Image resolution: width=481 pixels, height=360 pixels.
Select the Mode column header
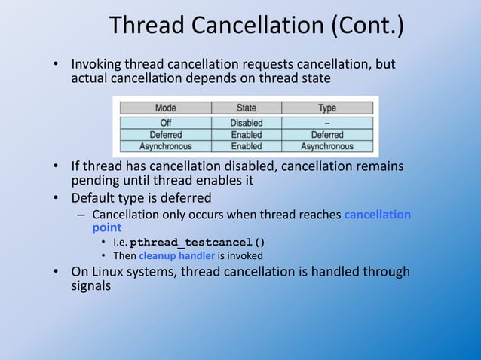[165, 108]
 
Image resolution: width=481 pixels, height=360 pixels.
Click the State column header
[246, 108]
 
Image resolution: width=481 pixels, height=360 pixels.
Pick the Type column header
[326, 108]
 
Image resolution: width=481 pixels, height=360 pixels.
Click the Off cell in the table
[165, 122]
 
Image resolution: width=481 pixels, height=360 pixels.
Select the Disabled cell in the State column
[246, 122]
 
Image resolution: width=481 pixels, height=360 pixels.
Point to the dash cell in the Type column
[326, 122]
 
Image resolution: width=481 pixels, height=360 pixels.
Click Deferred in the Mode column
[165, 134]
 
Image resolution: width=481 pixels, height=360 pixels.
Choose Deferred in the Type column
[326, 134]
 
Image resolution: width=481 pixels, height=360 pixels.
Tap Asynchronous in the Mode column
[165, 145]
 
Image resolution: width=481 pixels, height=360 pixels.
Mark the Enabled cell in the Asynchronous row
[246, 145]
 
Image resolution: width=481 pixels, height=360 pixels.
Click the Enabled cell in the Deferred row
[246, 134]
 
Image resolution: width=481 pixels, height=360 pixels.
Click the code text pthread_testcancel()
[198, 243]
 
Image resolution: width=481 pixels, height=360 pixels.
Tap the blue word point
[106, 227]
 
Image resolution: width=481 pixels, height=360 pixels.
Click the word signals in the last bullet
[91, 286]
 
